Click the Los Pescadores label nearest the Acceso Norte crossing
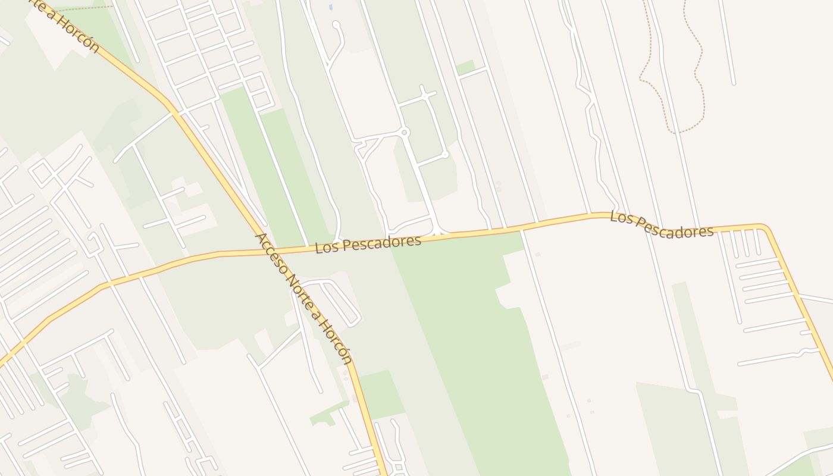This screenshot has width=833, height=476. coord(368,243)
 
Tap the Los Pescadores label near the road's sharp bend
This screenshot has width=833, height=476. coord(661,225)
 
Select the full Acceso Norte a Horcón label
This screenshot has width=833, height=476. coord(303,298)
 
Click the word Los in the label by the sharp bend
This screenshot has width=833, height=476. coord(619,217)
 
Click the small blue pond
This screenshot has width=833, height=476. coord(330,8)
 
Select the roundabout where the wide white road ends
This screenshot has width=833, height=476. coord(405,132)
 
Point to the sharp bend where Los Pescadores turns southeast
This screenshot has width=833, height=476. coord(764,227)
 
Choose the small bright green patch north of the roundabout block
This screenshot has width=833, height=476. coord(465,67)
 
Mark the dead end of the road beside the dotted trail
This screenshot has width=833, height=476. coord(734,83)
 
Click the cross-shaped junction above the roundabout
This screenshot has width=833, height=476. coord(424,95)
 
